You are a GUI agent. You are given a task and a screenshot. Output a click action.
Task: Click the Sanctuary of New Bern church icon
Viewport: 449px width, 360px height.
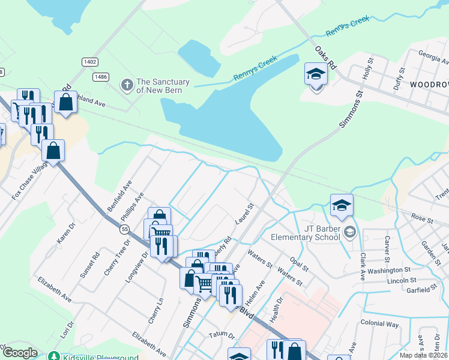tap(127, 86)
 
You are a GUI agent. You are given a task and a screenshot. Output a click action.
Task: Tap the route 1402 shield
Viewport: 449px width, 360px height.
tap(90, 62)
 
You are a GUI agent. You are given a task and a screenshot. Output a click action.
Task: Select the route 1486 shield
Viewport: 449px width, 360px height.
tap(100, 76)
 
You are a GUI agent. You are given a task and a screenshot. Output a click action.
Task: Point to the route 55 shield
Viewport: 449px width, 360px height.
tap(124, 229)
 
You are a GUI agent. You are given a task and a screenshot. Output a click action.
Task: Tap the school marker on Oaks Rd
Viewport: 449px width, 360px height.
tap(316, 76)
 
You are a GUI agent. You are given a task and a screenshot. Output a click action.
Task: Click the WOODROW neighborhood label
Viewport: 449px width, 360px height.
tap(429, 85)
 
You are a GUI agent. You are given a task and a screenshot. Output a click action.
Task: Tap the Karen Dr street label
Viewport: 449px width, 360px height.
tap(65, 233)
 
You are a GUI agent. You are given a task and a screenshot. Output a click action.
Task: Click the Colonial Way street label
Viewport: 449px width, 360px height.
tap(379, 323)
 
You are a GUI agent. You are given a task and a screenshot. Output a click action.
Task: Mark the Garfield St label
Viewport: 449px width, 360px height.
tap(421, 289)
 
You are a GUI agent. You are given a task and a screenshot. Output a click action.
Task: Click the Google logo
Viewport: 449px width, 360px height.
tap(20, 353)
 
